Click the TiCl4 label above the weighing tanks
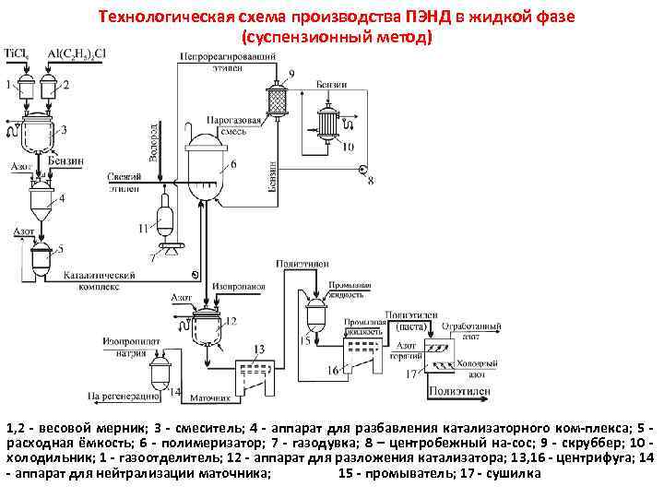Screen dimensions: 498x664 (15, 53)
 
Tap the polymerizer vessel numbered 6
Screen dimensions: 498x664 (206, 166)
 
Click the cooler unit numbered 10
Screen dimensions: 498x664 (326, 120)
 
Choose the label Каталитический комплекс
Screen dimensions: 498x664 (101, 279)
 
